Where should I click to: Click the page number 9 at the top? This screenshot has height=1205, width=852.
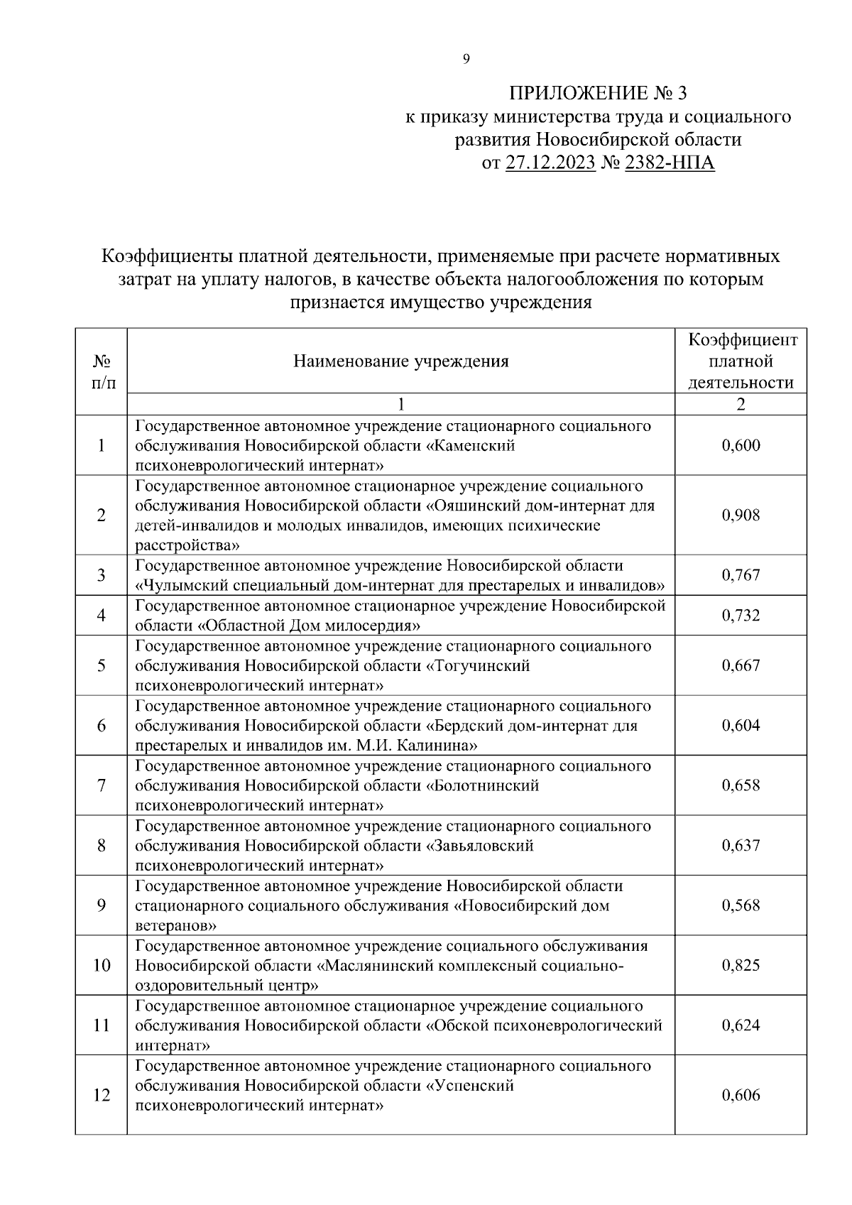coord(466,60)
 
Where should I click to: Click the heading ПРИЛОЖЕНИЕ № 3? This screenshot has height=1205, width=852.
coord(599,94)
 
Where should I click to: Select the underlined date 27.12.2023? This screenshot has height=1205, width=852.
coord(550,164)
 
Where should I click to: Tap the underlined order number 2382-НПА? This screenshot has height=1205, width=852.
coord(670,164)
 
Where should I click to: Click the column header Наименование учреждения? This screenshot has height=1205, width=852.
coord(401,362)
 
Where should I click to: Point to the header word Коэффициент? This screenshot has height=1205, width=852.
coord(743,340)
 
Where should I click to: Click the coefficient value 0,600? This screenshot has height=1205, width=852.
coord(741,446)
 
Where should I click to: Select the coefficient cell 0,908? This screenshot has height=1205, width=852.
coord(741,516)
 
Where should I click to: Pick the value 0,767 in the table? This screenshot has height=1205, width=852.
coord(741,575)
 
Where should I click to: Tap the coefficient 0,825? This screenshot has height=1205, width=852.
coord(741,966)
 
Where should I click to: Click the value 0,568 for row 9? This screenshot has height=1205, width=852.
coord(741,906)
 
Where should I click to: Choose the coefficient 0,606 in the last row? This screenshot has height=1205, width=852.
coord(741,1096)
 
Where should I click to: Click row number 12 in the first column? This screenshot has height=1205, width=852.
coord(102,1096)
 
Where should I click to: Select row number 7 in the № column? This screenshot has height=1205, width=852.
coord(102,786)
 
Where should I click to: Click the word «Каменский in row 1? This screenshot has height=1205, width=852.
coord(470,446)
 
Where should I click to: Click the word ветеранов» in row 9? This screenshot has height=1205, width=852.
coord(175,926)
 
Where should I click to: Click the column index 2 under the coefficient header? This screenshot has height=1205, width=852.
coord(741,405)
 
